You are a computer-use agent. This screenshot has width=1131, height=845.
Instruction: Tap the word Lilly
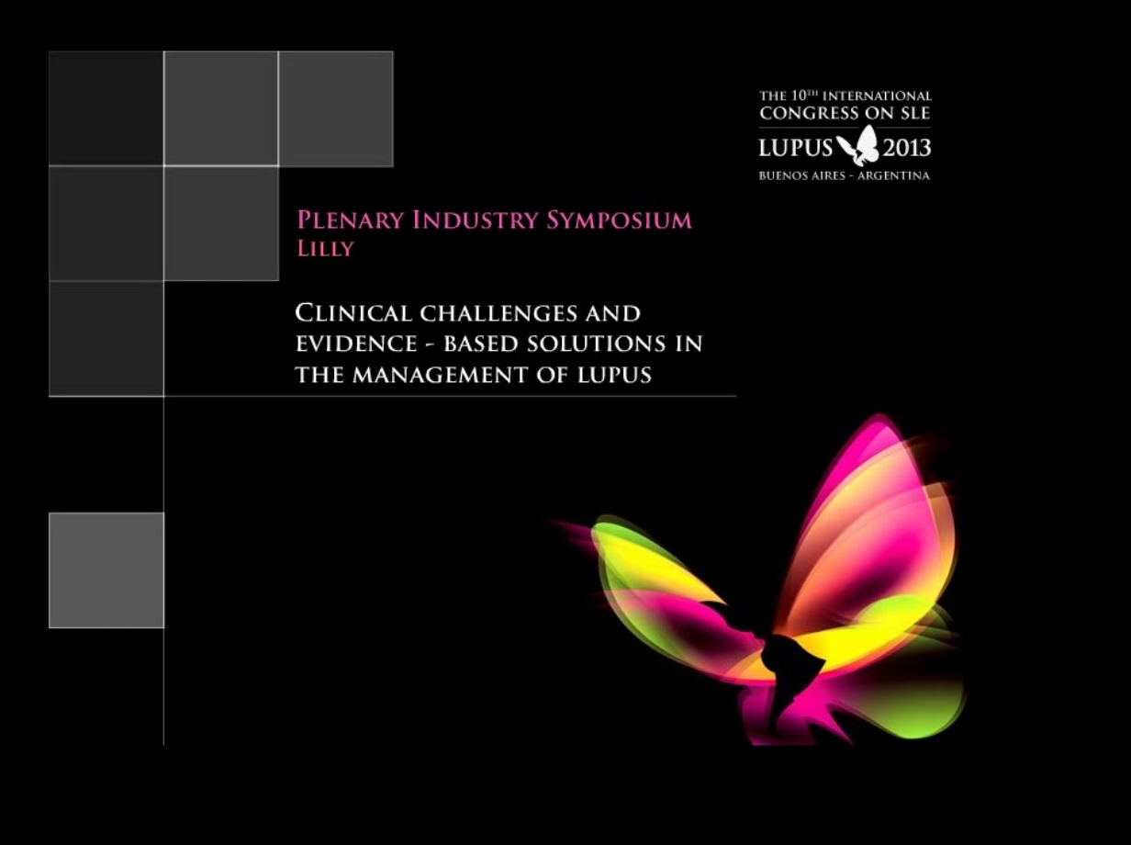pyautogui.click(x=324, y=249)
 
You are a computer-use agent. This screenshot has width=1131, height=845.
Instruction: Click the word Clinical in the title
pyautogui.click(x=353, y=313)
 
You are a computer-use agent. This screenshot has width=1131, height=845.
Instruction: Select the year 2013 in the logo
pyautogui.click(x=906, y=148)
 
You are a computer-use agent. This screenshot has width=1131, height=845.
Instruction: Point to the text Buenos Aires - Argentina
pyautogui.click(x=844, y=175)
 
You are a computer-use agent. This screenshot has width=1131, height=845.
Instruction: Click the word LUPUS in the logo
pyautogui.click(x=795, y=148)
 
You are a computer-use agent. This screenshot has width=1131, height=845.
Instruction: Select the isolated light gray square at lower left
pyautogui.click(x=106, y=570)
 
